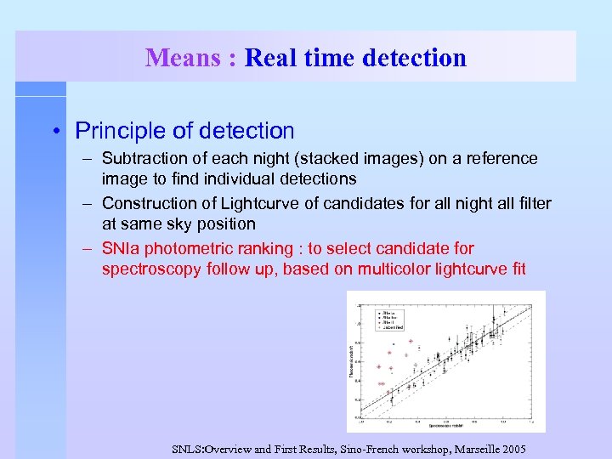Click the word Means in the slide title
pos(184,58)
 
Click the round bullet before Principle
pos(55,132)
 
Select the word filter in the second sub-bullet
pos(529,204)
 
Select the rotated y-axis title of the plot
pos(353,360)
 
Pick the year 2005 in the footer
pos(511,449)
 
